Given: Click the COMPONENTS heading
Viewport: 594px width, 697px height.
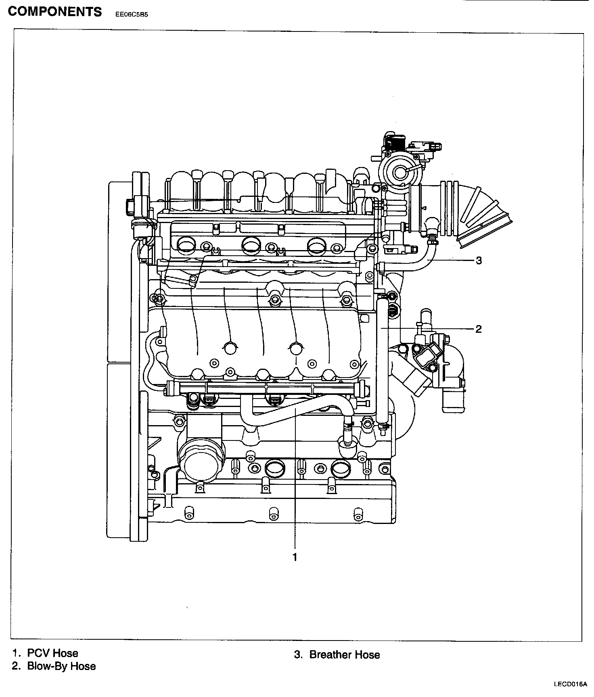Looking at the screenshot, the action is click(x=55, y=11).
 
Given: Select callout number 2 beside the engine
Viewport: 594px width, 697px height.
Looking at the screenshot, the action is click(x=479, y=329).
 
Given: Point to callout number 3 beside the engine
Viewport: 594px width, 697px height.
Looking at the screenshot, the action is click(x=479, y=261).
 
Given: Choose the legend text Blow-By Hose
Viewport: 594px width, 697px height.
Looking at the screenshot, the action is click(x=61, y=666).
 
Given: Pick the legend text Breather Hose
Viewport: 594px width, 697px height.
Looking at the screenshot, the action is click(x=345, y=655).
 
